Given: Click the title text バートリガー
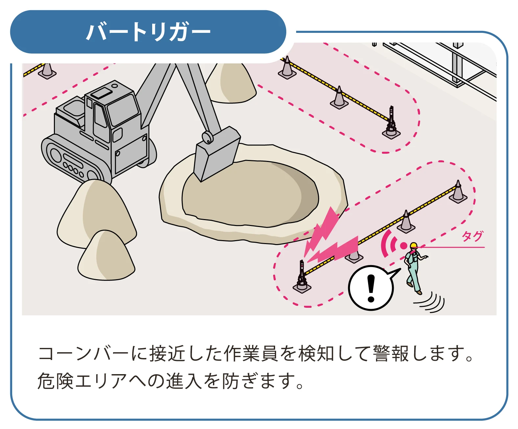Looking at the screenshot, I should coord(148,32).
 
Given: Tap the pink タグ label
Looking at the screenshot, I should coord(472,236).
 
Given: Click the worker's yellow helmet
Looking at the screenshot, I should coord(413,245).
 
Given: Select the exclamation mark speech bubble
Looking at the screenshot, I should coord(371,288).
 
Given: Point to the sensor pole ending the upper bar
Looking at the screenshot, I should coord(391,122).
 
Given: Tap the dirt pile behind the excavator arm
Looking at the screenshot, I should coord(232,84).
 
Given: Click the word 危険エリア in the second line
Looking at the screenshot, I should coord(82,381).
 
